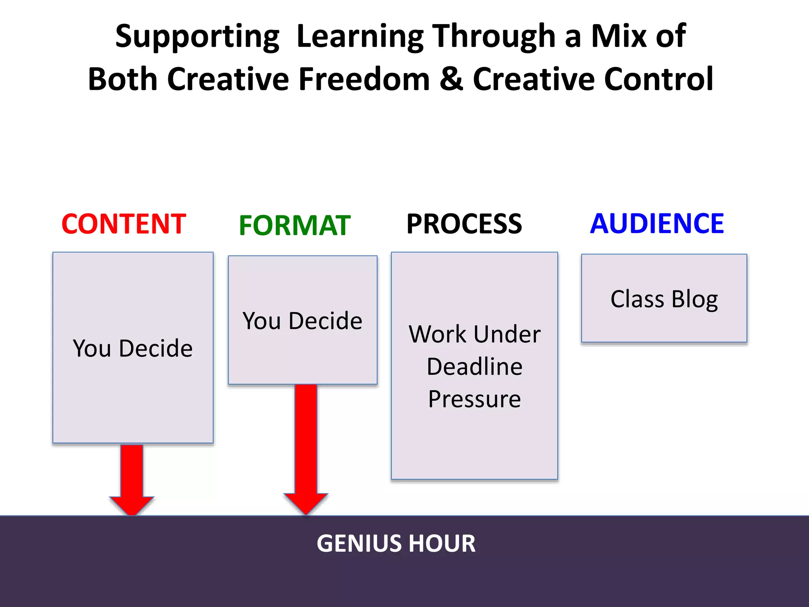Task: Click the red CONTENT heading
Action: pyautogui.click(x=124, y=224)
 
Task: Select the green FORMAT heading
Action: pyautogui.click(x=295, y=226)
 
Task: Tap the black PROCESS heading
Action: pyautogui.click(x=464, y=224)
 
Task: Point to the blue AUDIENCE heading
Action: pyautogui.click(x=657, y=224)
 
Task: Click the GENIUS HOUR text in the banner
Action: pyautogui.click(x=396, y=543)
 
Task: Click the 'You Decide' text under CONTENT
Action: pyautogui.click(x=133, y=348)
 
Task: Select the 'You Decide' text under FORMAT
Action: pyautogui.click(x=302, y=320)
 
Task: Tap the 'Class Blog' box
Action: pyautogui.click(x=664, y=299)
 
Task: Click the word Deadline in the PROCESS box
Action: pyautogui.click(x=474, y=366)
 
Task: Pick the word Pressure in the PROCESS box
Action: pyautogui.click(x=474, y=399)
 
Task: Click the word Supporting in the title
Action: pyautogui.click(x=197, y=36)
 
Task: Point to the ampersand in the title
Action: pyautogui.click(x=451, y=79)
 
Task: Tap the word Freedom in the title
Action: pyautogui.click(x=364, y=79)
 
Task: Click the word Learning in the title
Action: pyautogui.click(x=360, y=36)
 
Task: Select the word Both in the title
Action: pyautogui.click(x=122, y=79)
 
